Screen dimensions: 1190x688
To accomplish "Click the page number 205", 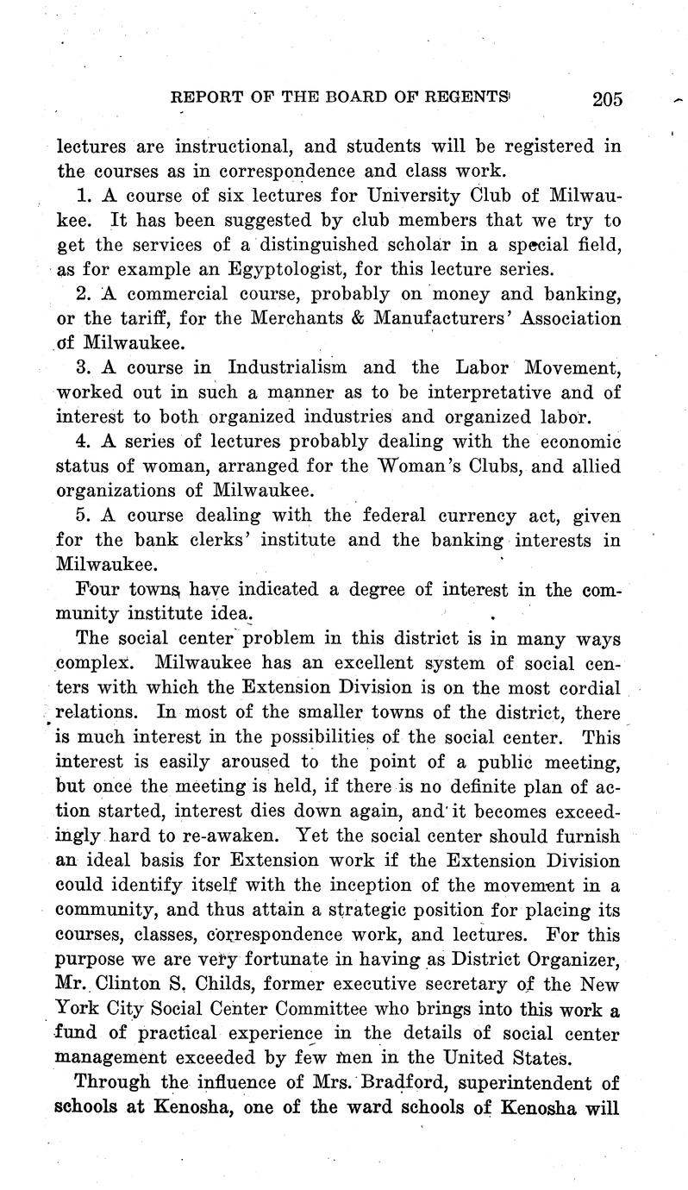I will click(607, 98).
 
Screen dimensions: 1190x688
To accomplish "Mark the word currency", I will click(458, 517).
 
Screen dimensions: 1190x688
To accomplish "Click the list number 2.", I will click(83, 294).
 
